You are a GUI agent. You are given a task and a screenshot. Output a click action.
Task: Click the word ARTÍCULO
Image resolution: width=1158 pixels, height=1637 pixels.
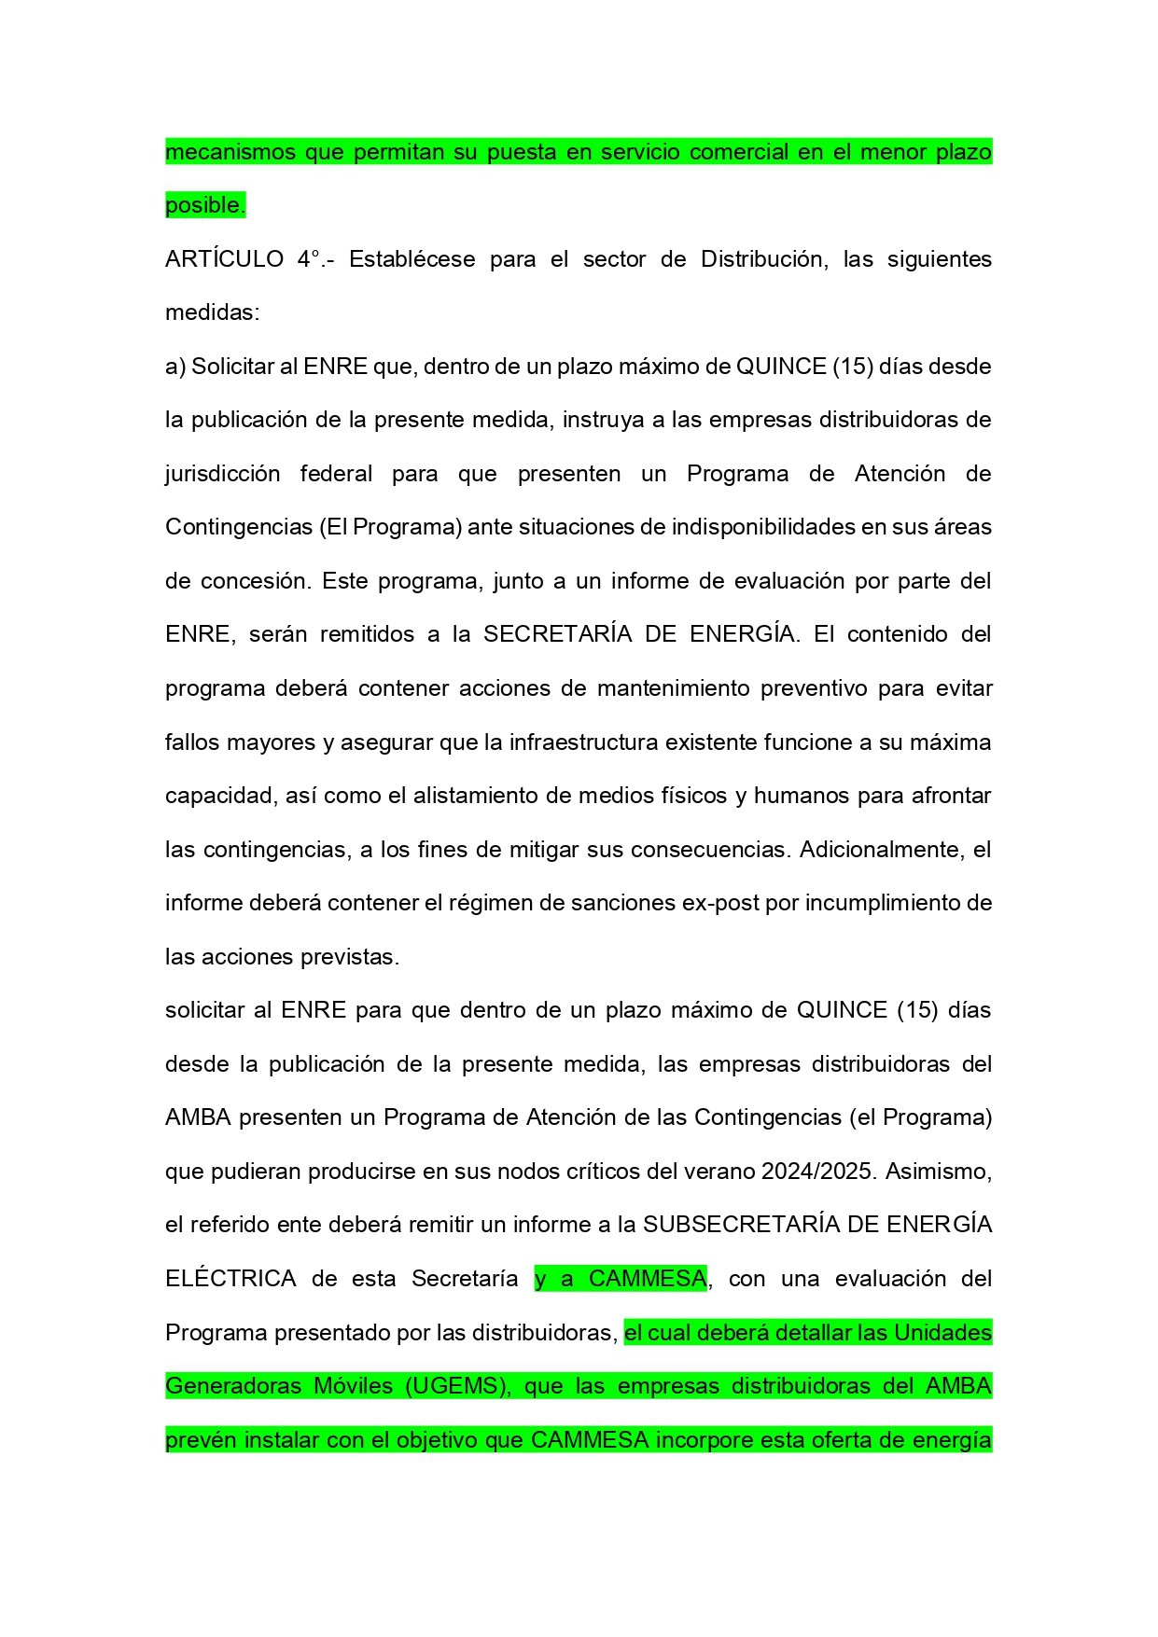click(x=224, y=258)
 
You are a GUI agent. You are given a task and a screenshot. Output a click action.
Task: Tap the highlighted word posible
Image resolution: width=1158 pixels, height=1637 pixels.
click(x=204, y=205)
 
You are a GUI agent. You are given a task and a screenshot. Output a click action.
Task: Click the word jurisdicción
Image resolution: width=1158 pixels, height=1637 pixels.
click(x=223, y=474)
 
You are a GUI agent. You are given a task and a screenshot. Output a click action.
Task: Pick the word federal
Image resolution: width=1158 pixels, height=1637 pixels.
click(x=336, y=474)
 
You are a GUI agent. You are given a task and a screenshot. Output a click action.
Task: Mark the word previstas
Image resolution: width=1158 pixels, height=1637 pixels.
click(x=350, y=957)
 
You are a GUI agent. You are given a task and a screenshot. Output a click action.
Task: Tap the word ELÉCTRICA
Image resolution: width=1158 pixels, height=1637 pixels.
click(x=230, y=1279)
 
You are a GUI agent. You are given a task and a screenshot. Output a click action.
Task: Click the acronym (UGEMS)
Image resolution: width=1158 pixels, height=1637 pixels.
click(x=458, y=1386)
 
